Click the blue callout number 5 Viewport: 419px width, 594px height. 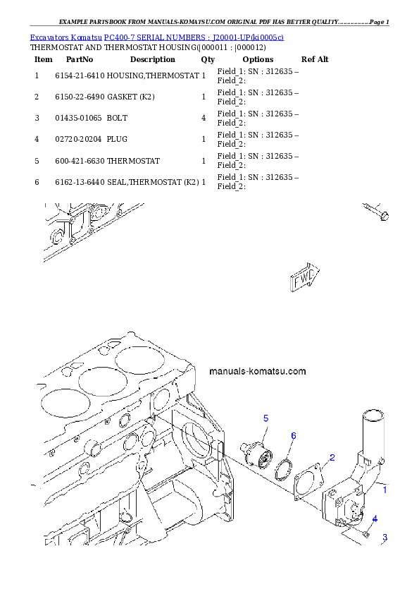(x=266, y=418)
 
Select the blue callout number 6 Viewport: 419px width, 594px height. (x=294, y=435)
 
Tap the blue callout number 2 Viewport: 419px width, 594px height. (x=332, y=456)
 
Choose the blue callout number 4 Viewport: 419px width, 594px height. (x=375, y=519)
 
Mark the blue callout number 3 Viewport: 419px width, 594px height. (x=384, y=538)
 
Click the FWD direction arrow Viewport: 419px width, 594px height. (x=305, y=278)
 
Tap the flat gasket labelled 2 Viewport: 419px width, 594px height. (x=308, y=482)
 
